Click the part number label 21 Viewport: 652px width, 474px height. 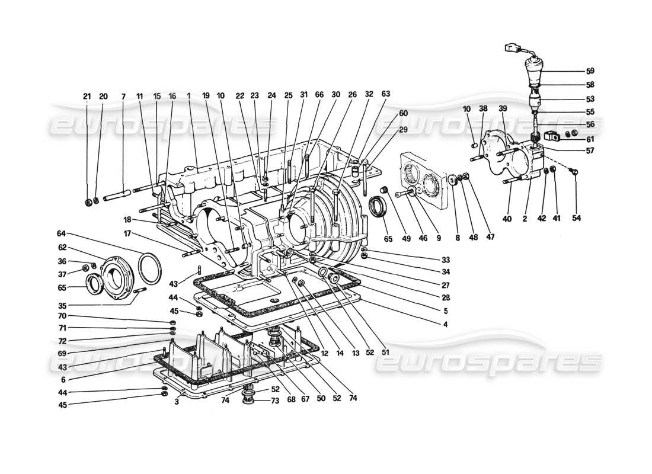click(x=87, y=96)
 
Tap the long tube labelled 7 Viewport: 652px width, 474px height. click(x=122, y=193)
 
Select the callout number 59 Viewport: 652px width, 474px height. click(x=590, y=71)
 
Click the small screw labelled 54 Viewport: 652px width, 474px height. click(x=574, y=172)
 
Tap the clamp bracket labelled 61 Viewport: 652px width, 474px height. click(x=552, y=137)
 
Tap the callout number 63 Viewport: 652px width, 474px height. click(x=386, y=94)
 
